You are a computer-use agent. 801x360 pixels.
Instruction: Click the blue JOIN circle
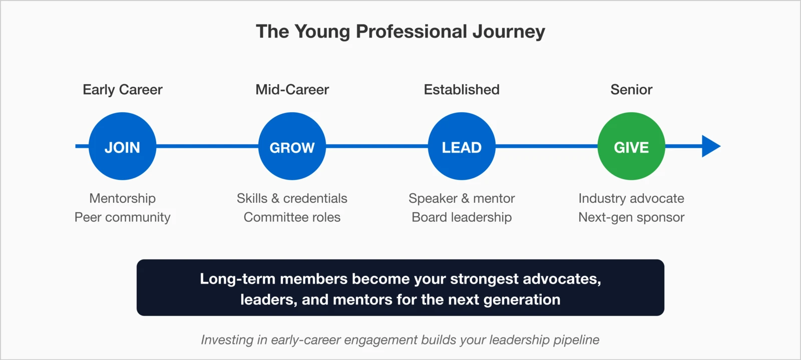click(x=122, y=146)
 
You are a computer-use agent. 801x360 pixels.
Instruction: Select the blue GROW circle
click(x=292, y=146)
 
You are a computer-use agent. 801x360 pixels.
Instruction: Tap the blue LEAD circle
click(x=462, y=146)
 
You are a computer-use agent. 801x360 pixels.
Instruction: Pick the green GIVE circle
click(x=631, y=146)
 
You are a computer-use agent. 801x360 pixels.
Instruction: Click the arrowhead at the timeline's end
click(x=710, y=146)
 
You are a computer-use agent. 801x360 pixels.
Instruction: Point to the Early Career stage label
click(x=122, y=90)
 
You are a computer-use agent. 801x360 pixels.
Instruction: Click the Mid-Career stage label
click(x=292, y=90)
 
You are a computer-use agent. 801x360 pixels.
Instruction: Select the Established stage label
click(x=462, y=90)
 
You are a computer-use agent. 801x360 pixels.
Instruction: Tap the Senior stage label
click(x=631, y=90)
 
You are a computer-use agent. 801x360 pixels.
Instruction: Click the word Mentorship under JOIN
click(x=122, y=198)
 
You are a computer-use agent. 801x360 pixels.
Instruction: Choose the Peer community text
click(x=122, y=217)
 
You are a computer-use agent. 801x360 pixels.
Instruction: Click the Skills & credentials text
click(x=292, y=198)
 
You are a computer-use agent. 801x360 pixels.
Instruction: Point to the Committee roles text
click(x=292, y=217)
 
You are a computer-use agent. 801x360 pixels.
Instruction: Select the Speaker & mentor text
click(x=462, y=198)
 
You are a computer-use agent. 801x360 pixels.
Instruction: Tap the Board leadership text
click(x=462, y=217)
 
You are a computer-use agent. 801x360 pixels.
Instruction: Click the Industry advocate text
click(x=631, y=198)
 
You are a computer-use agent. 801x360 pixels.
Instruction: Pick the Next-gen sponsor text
click(x=631, y=217)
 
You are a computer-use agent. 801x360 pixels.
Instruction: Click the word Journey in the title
click(x=509, y=32)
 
